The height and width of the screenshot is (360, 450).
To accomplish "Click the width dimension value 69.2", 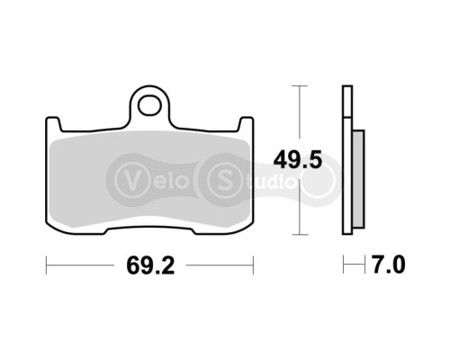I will tap(148, 267).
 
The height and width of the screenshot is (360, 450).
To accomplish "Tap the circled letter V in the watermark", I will tap(130, 175).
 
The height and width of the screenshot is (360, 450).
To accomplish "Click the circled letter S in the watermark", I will tap(220, 175).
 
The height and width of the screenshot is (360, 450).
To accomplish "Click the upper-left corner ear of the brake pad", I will tap(53, 122).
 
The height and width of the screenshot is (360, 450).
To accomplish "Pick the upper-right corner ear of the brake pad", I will tap(244, 122).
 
